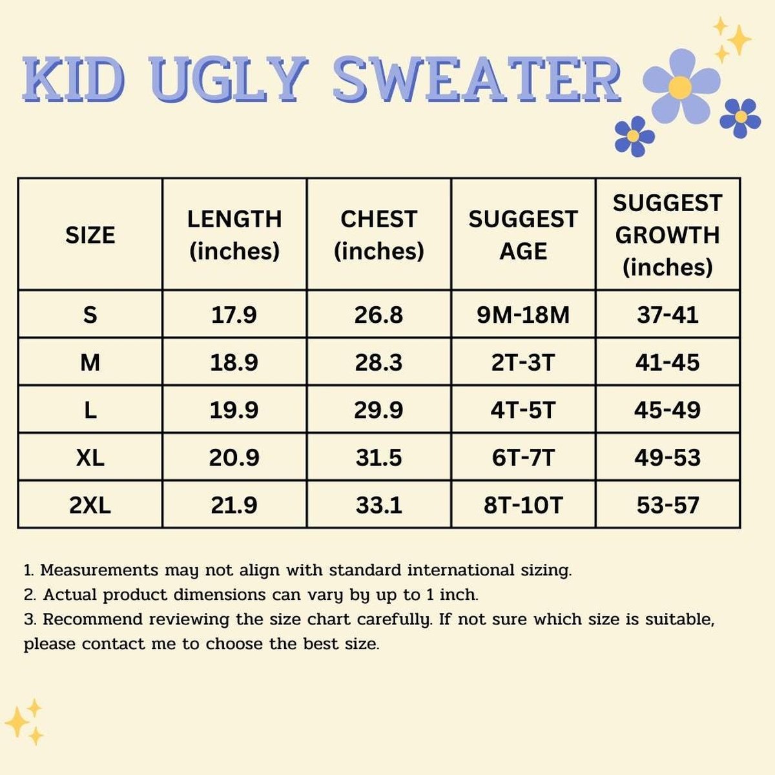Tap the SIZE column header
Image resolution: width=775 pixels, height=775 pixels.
point(90,235)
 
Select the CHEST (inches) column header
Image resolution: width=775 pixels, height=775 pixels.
point(378,235)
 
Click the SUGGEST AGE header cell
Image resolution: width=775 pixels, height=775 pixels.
point(523,235)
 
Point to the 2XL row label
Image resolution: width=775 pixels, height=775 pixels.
point(90,505)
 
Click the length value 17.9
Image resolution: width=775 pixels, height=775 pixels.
point(234,315)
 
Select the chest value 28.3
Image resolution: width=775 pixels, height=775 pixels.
point(378,362)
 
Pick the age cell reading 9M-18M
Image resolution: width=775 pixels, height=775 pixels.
point(523,315)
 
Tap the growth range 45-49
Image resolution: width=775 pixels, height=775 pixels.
point(667,410)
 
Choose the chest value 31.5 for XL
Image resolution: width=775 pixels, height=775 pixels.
point(378,458)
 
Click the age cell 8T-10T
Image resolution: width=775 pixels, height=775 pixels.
point(523,505)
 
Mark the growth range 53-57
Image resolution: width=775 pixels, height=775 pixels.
point(667,505)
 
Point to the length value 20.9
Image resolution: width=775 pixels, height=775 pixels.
point(234,458)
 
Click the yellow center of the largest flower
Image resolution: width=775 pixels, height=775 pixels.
point(680,87)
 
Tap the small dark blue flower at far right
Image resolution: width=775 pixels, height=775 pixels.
point(740,117)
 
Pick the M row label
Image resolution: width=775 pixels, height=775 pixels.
point(90,362)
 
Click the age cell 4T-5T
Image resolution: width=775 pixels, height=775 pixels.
point(523,410)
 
